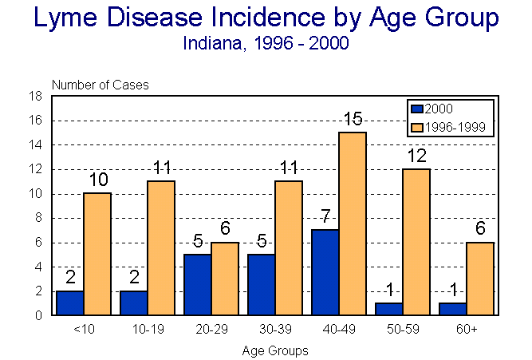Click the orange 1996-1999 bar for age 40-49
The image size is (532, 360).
353,224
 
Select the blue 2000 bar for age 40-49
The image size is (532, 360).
325,272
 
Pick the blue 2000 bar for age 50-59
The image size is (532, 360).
388,309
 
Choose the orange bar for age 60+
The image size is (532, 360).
480,279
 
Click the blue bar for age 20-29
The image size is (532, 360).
197,284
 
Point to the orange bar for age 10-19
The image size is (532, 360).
161,248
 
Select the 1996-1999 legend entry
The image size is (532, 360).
451,127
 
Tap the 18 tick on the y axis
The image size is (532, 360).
37,97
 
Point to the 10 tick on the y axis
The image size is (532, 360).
37,194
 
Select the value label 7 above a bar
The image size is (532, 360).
325,217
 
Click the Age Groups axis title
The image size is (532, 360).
274,350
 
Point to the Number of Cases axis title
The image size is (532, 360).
100,85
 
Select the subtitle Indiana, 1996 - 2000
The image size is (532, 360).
266,44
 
